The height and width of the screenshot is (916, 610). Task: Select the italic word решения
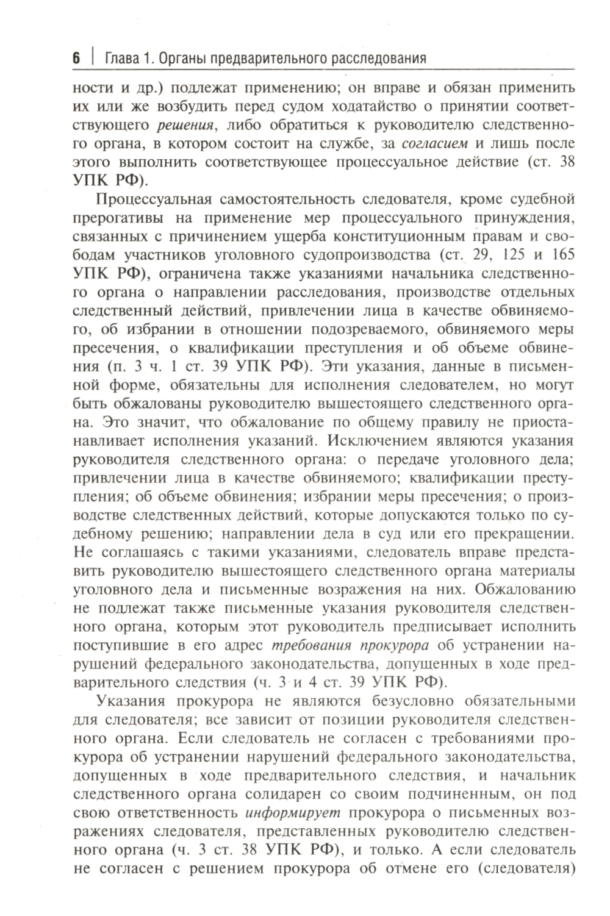point(184,126)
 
